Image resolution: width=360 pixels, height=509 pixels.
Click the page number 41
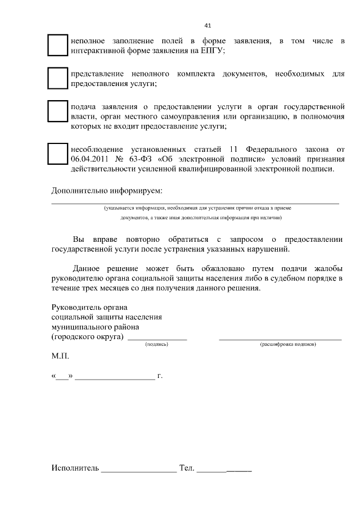pos(208,25)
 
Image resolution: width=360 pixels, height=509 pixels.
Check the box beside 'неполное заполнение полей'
pos(57,46)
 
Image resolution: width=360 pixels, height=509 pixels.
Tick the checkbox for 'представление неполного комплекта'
pos(57,78)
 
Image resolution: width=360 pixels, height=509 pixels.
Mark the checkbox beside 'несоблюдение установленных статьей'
pos(57,154)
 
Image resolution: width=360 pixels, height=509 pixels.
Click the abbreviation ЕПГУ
pos(213,51)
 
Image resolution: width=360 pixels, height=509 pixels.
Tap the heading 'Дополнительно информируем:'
pos(107,190)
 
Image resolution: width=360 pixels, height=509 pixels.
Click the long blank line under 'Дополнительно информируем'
pos(195,202)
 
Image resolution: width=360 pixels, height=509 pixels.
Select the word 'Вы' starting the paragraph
pos(79,239)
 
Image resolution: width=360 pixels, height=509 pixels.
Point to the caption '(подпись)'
pos(156,344)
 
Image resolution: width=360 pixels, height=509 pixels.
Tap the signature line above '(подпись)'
pos(157,339)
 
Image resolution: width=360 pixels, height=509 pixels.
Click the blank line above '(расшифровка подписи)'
pos(280,339)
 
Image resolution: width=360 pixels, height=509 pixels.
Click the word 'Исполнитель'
pos(75,468)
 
